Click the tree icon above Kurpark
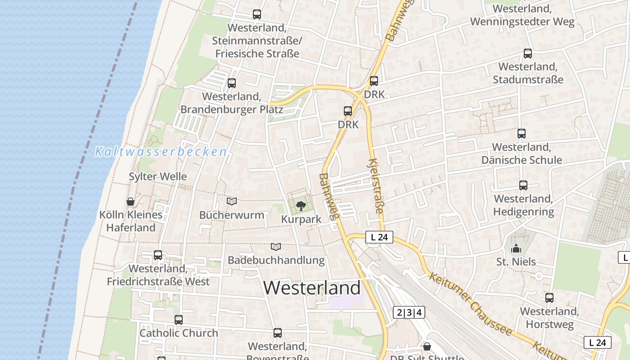[301, 207]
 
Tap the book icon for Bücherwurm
[232, 201]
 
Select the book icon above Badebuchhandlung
[276, 247]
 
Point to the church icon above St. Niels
[516, 248]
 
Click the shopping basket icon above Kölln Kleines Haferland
[130, 201]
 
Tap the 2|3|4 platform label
[409, 312]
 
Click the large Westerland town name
[312, 288]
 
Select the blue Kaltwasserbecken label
[160, 152]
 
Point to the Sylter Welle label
[157, 176]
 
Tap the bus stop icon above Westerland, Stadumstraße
[528, 54]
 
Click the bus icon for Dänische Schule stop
[522, 134]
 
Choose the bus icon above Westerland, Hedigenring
[523, 185]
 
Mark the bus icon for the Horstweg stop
[549, 298]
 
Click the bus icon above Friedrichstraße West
[158, 255]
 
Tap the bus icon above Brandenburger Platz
[232, 83]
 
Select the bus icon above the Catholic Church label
[179, 320]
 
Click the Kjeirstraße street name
[376, 185]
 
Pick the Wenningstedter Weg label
[522, 22]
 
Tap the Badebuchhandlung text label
[276, 260]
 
